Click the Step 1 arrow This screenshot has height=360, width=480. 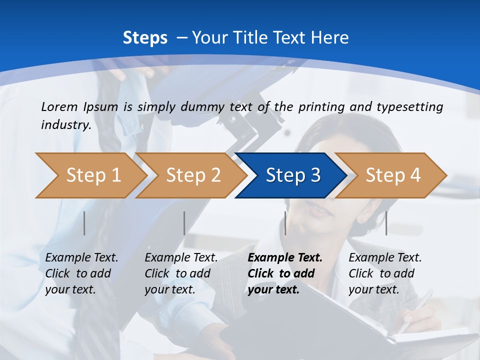tap(93, 175)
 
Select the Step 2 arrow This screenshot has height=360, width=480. tap(193, 175)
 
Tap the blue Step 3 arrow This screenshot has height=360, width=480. tap(293, 175)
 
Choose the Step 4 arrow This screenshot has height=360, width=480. tap(393, 175)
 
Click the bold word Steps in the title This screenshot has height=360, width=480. tap(145, 38)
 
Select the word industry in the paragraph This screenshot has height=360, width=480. tap(65, 124)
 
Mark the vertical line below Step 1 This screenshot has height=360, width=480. tap(84, 223)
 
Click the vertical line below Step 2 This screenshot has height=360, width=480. tap(184, 223)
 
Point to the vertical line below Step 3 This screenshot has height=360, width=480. tap(285, 223)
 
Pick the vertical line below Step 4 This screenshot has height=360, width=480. tap(386, 223)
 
